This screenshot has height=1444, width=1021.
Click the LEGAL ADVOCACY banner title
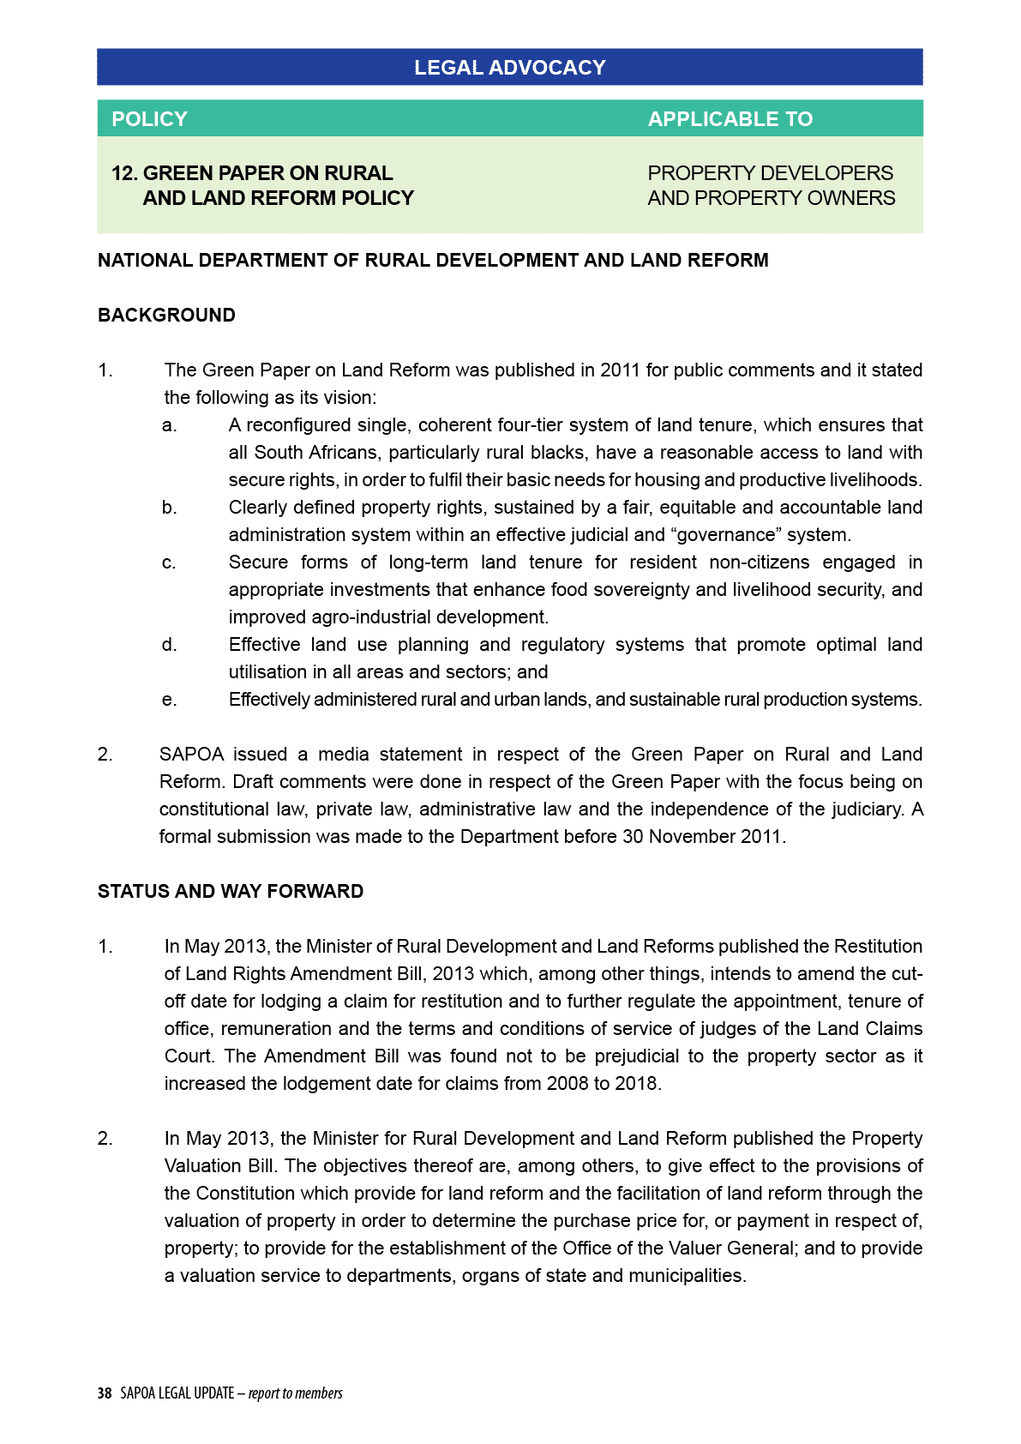coord(509,68)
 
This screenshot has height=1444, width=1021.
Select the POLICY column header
coord(149,119)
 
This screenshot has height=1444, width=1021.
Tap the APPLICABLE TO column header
coord(730,119)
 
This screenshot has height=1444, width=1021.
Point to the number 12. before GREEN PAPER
coord(124,173)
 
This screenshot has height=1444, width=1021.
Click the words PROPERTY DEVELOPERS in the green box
coord(770,173)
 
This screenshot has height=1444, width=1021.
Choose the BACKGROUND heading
coord(166,315)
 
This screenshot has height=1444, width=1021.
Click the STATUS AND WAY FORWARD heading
coord(230,891)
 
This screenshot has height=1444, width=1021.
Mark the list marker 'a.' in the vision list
coord(170,425)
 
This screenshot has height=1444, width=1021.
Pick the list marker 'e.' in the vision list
coord(170,700)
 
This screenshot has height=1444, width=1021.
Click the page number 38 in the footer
coord(105,1393)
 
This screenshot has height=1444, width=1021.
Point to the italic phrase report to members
coord(296,1393)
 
